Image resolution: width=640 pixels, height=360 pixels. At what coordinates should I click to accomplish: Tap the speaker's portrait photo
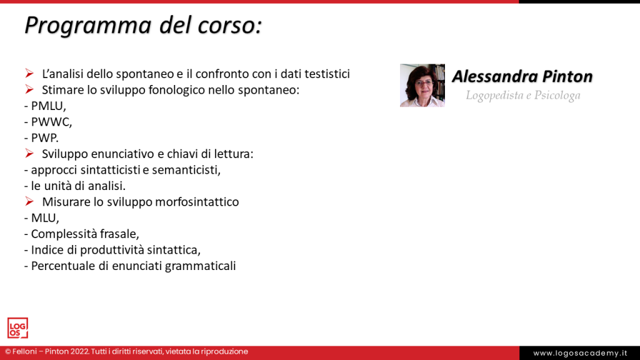point(422,85)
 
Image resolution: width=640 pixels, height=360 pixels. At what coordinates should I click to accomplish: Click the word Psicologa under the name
point(557,96)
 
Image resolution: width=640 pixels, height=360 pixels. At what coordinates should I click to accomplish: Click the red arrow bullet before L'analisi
point(29,74)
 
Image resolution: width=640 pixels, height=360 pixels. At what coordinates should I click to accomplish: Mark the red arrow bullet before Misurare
point(29,202)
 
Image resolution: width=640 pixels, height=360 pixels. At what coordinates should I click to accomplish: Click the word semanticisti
point(186,170)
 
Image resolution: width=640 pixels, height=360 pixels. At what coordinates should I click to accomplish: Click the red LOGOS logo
point(17,328)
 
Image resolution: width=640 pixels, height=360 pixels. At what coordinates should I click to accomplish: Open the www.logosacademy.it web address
point(580,354)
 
